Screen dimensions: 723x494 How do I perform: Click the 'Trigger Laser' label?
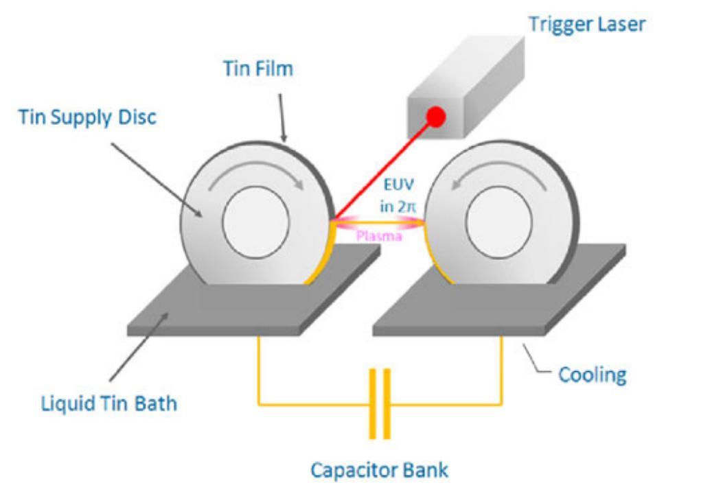587,25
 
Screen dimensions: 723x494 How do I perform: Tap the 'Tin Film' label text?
258,69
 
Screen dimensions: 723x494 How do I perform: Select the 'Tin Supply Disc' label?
88,117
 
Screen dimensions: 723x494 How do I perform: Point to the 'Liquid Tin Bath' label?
109,403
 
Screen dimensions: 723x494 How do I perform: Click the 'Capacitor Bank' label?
380,470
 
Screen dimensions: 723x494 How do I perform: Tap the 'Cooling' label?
593,375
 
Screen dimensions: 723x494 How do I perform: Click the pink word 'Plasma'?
379,237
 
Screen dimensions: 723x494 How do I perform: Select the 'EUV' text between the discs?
399,185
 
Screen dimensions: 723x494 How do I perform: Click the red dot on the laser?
436,117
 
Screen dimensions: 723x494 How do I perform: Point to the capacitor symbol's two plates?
380,403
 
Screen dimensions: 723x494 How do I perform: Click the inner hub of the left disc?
255,222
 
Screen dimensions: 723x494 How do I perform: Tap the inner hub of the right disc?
499,222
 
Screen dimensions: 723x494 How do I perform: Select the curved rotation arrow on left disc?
256,173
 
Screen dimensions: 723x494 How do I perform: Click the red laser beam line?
382,171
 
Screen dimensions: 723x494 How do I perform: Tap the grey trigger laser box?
466,88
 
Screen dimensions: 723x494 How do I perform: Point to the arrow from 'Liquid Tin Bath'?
139,346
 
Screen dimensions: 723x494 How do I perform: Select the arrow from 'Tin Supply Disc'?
157,180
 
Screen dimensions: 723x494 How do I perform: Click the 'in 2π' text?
398,207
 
